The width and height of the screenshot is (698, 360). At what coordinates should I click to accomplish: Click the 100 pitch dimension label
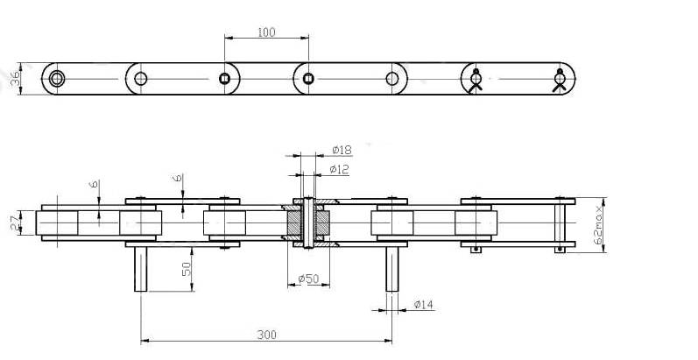[x=266, y=32]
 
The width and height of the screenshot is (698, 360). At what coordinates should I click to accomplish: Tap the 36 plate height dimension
[x=16, y=79]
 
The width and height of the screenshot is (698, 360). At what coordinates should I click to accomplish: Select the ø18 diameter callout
[x=342, y=150]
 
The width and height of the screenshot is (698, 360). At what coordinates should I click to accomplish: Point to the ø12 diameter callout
[x=339, y=169]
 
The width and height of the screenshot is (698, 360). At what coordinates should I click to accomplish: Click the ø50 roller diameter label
[x=308, y=279]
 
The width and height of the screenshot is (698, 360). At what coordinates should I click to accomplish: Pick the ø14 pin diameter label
[x=423, y=304]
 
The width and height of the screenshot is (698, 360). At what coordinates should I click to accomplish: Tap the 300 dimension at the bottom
[x=266, y=335]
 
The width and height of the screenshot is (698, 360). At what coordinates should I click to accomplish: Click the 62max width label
[x=599, y=224]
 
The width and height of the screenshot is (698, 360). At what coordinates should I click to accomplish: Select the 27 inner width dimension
[x=16, y=223]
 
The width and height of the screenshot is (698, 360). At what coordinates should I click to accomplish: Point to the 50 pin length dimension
[x=187, y=269]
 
